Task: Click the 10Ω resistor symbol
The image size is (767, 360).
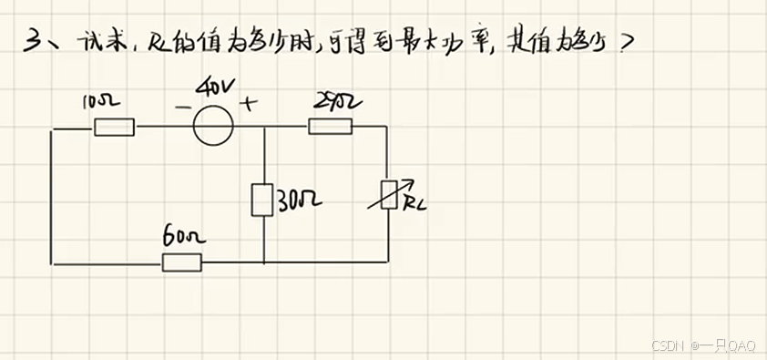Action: tap(114, 127)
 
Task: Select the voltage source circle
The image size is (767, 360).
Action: tap(213, 127)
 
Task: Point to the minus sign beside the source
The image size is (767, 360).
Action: tap(183, 107)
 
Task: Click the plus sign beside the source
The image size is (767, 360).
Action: tap(245, 104)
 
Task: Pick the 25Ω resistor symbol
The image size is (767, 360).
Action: tap(330, 127)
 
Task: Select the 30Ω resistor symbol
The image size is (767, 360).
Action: tap(262, 200)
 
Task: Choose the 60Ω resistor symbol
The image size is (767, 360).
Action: tap(182, 263)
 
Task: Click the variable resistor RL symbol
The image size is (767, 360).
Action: tap(389, 195)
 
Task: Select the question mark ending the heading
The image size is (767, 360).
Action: tap(624, 44)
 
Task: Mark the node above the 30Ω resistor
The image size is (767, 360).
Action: tap(263, 128)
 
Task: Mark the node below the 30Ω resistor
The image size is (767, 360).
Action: tap(263, 263)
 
